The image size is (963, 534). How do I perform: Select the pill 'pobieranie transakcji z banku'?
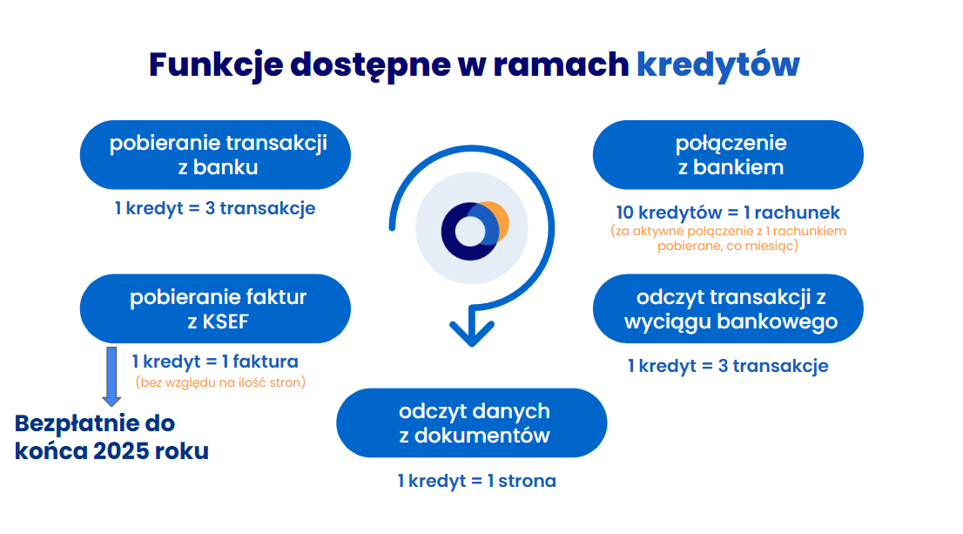[x=215, y=155]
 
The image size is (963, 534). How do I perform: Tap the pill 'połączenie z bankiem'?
[x=728, y=155]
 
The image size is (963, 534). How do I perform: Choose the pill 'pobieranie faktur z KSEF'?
[x=215, y=308]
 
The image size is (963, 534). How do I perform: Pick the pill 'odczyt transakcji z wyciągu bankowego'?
[x=728, y=308]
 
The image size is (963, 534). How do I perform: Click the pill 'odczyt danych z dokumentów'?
[x=472, y=422]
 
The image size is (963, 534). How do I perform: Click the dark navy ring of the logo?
[x=448, y=231]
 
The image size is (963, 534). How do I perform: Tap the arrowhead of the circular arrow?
[x=472, y=332]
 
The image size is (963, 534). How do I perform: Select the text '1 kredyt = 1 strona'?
[x=476, y=481]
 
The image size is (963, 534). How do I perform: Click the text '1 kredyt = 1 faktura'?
[x=215, y=362]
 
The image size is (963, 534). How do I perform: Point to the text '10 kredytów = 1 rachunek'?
[x=728, y=213]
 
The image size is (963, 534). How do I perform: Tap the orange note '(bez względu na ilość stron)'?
[x=220, y=382]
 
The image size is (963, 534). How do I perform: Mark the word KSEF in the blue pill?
[x=226, y=321]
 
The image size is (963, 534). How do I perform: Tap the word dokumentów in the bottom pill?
[x=481, y=436]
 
